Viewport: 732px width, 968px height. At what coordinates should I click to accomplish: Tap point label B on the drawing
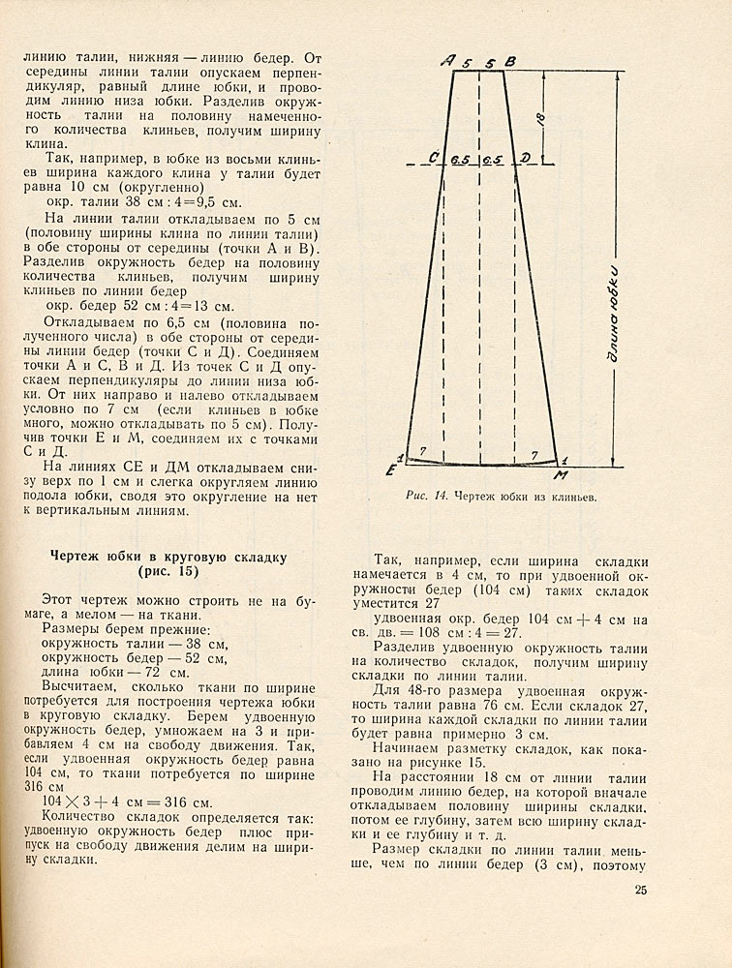511,62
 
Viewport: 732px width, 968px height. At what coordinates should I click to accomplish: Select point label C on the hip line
433,158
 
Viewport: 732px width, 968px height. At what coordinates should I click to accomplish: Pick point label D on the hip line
525,158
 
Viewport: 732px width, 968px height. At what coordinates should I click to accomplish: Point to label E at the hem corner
391,470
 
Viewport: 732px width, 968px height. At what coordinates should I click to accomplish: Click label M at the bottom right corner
560,474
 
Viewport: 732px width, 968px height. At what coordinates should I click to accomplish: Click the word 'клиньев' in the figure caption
567,499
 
